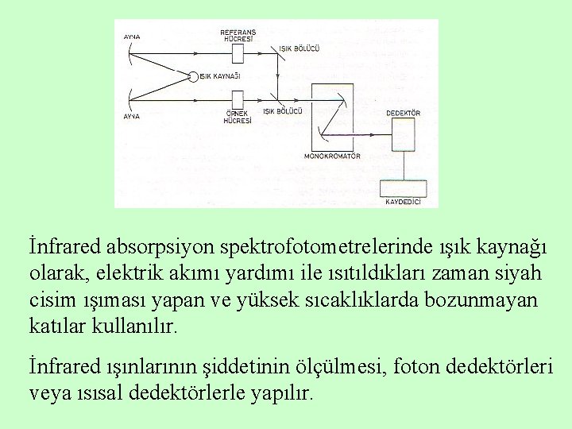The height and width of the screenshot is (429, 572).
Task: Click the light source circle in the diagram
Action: tap(193, 76)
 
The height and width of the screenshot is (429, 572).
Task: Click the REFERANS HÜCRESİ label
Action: tap(238, 35)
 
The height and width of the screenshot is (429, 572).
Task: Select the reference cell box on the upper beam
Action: tap(238, 53)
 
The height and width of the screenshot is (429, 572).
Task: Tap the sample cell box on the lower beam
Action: tap(238, 99)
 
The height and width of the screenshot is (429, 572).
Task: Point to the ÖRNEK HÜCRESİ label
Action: tap(238, 118)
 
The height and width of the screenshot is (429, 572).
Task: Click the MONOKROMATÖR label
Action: tap(333, 157)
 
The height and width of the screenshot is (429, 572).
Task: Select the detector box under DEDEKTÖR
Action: tap(403, 135)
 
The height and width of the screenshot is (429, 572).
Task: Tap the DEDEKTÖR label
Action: tap(403, 114)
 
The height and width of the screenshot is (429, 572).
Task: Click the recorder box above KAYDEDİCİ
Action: tap(404, 188)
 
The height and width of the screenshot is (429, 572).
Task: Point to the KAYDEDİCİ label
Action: tap(402, 203)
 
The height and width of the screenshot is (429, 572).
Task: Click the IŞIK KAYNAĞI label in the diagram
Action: tap(219, 76)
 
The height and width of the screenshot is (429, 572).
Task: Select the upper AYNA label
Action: tap(132, 37)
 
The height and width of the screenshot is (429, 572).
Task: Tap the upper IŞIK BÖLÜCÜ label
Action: tap(299, 48)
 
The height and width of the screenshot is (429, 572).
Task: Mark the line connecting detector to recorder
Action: tap(404, 166)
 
